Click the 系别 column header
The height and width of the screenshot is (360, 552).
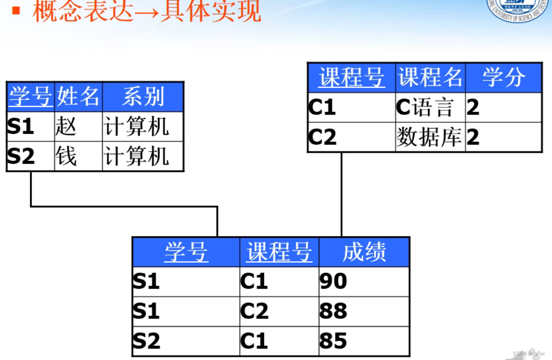143,97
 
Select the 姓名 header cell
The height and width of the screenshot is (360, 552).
78,97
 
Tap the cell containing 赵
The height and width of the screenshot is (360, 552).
78,127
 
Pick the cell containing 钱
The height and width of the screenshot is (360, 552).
78,156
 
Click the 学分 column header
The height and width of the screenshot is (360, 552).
503,77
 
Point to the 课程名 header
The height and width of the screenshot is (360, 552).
430,77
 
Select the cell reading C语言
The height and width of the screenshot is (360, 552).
430,107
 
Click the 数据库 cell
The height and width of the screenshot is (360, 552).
430,138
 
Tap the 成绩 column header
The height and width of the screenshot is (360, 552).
364,252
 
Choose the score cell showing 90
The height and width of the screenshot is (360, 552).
364,282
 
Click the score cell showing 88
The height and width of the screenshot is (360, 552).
364,311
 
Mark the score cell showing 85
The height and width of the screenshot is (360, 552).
364,341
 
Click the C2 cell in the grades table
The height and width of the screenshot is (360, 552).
279,311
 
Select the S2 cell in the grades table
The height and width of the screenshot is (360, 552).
186,341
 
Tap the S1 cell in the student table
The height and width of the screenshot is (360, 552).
31,127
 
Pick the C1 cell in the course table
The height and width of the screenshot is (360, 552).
351,107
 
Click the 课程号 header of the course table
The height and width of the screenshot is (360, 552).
351,77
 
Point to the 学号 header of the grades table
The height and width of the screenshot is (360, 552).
186,252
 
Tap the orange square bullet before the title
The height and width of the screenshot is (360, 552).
16,10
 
